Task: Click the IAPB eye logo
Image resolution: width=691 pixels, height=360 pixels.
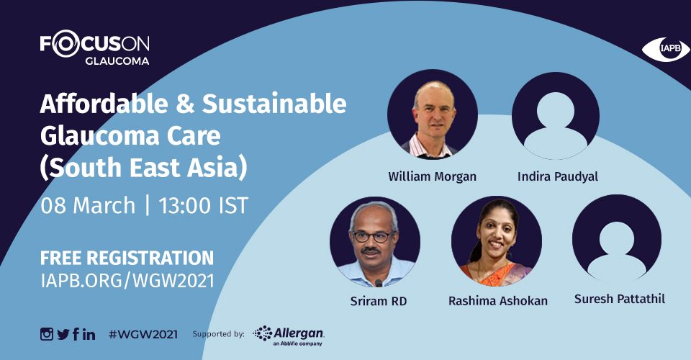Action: (x=665, y=49)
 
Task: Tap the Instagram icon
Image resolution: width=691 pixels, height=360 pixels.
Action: (x=47, y=335)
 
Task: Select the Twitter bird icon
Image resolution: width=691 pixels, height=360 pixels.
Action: (x=63, y=335)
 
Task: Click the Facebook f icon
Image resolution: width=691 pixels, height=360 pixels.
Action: (x=76, y=334)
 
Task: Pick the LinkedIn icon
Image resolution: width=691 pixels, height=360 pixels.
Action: (x=89, y=335)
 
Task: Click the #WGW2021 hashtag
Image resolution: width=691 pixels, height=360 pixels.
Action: (x=143, y=335)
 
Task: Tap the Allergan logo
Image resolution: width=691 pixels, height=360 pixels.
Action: (x=289, y=336)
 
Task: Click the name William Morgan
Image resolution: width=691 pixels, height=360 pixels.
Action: (x=432, y=176)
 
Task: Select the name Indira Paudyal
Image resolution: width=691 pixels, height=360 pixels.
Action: (x=557, y=176)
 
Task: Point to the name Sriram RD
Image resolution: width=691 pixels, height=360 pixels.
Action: (x=378, y=302)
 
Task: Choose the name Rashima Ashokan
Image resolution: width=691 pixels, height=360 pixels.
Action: (x=498, y=301)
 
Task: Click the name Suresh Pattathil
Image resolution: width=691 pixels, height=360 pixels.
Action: (x=620, y=300)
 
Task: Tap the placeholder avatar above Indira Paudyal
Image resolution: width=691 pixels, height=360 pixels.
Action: (x=555, y=116)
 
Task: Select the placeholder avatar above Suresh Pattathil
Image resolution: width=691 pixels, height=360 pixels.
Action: (x=617, y=239)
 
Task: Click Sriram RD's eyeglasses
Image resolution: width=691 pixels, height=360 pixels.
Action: (x=373, y=237)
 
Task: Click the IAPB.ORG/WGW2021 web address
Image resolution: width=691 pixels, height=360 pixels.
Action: (x=127, y=281)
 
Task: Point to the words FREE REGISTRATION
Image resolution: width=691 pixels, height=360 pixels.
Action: (x=127, y=258)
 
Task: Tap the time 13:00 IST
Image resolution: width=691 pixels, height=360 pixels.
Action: (x=203, y=206)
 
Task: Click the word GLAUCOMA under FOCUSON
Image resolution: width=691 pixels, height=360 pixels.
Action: (x=117, y=61)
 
